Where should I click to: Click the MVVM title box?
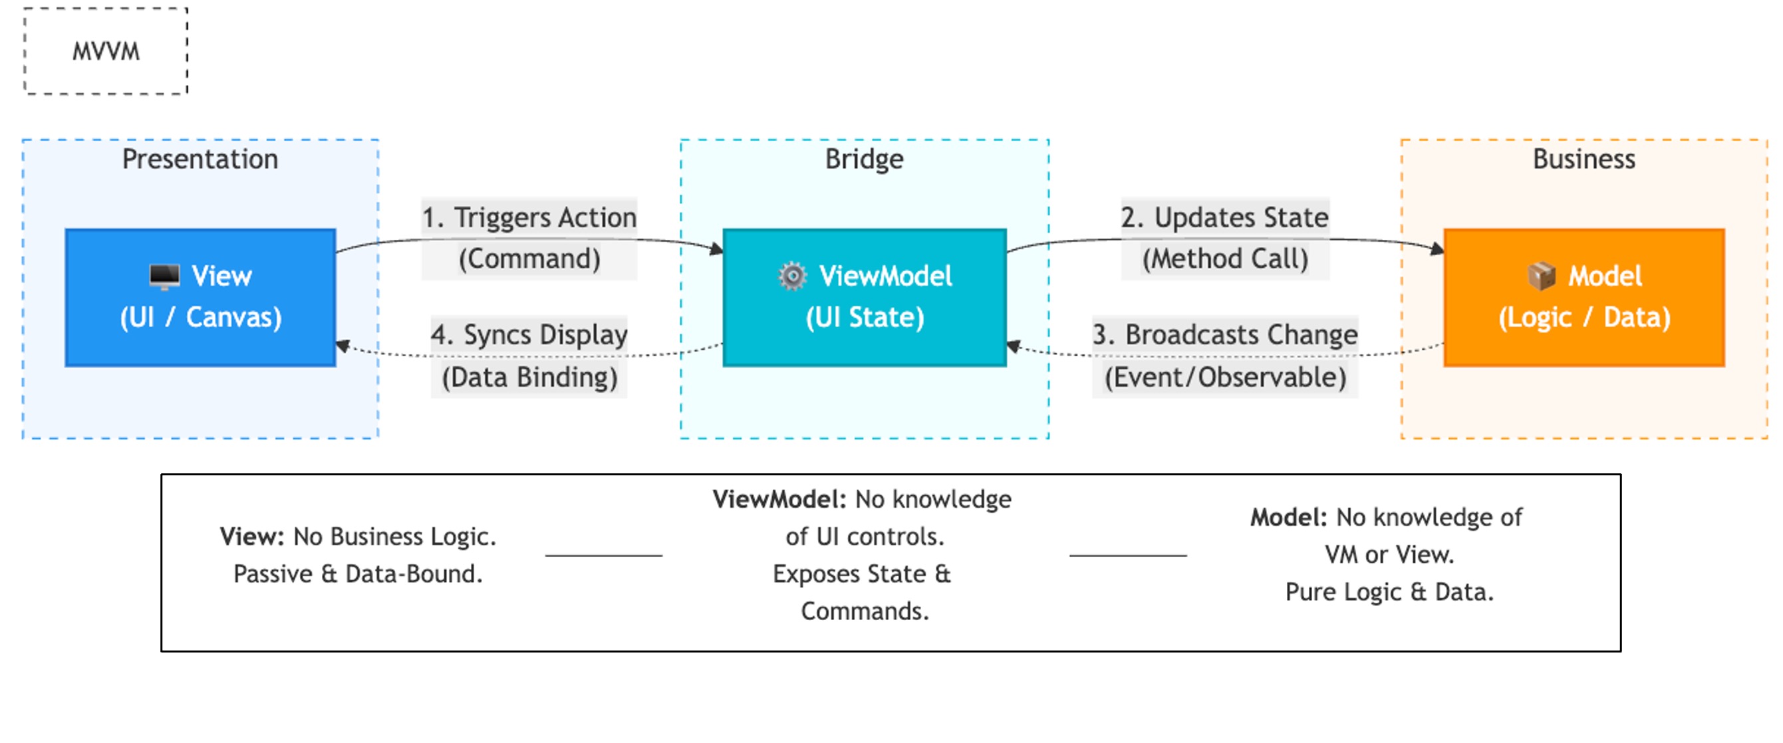pos(106,51)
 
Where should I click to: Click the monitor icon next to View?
pos(164,276)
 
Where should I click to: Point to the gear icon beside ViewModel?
pos(792,276)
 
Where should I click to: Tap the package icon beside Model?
pos(1541,276)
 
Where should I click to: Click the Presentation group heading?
pos(200,159)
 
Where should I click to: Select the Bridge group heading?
pos(864,159)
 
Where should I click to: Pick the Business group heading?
pos(1583,159)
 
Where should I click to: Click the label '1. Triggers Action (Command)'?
pos(529,237)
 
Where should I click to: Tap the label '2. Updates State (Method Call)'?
pos(1224,237)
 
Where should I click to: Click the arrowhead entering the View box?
pos(342,345)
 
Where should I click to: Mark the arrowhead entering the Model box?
pos(1438,249)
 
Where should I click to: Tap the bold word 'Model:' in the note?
pos(1288,517)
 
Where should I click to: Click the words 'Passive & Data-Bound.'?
pos(358,574)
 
